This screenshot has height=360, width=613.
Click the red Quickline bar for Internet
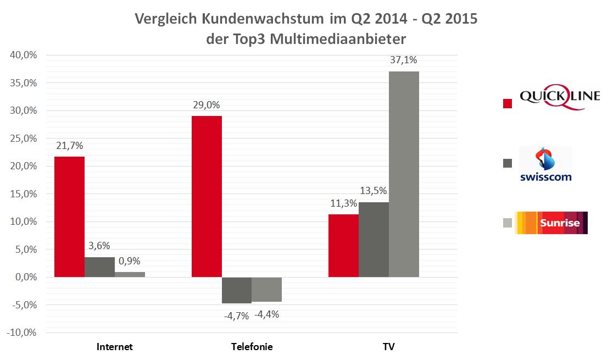coord(69,217)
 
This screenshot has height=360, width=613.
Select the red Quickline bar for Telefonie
coord(207,196)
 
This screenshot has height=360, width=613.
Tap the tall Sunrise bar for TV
coord(404,174)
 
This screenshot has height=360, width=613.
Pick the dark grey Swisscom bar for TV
coord(374,240)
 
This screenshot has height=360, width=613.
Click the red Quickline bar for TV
coord(343,246)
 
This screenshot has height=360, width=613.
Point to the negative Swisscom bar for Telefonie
coord(237,290)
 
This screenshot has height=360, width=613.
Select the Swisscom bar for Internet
coord(99,267)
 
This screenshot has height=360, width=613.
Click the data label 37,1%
coord(404,60)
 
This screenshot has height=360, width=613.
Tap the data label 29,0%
coord(207,104)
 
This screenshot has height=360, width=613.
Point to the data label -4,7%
coord(237,315)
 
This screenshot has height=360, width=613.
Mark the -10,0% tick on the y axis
coord(21,333)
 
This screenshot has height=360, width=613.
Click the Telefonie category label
coord(252,347)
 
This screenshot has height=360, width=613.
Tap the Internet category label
coord(115,347)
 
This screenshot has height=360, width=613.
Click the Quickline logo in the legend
coord(551,100)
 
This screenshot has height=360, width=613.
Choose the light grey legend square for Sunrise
coord(508,223)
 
